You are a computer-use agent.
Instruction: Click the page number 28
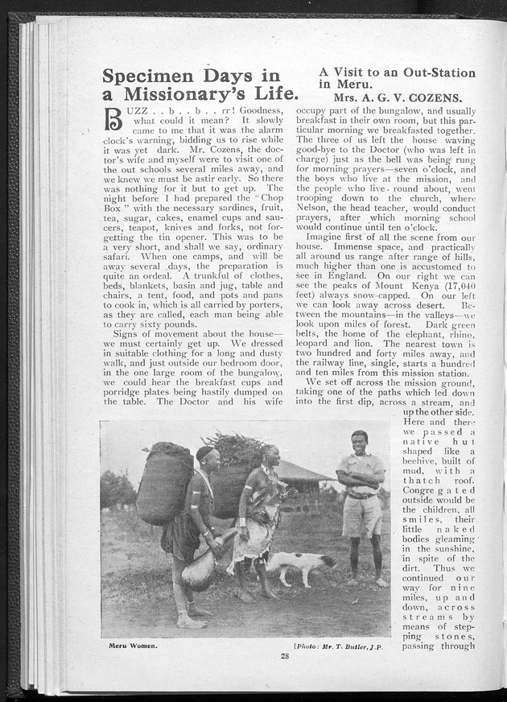pyautogui.click(x=285, y=655)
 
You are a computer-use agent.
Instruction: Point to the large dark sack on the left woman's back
pyautogui.click(x=165, y=482)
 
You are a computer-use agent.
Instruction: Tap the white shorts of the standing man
pyautogui.click(x=363, y=516)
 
